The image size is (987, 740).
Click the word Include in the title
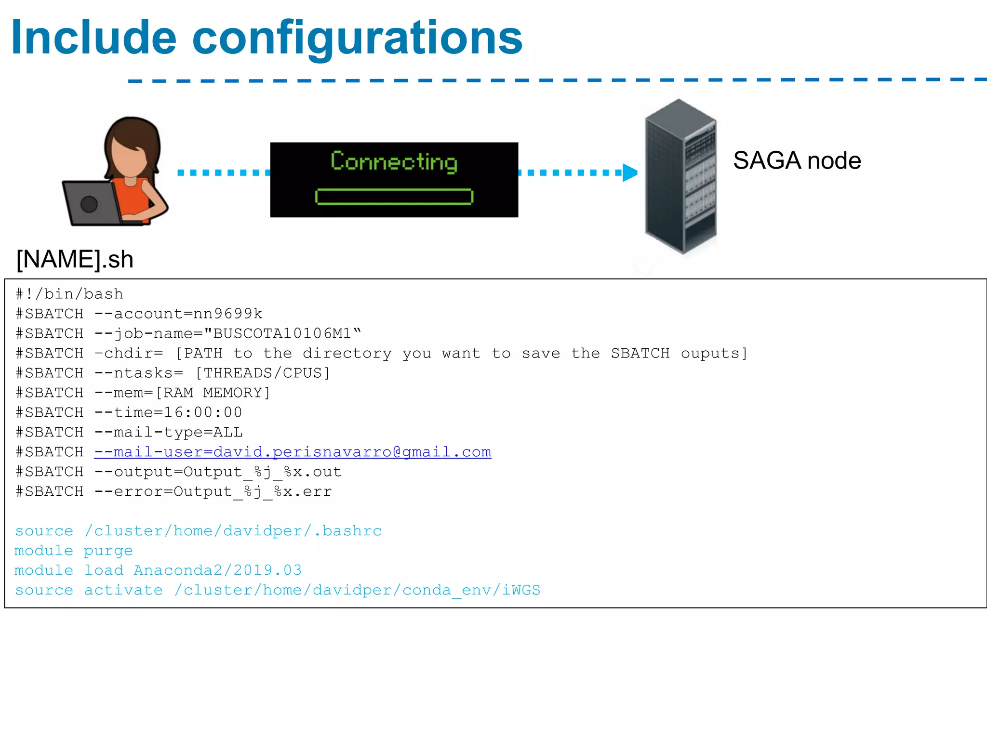[94, 38]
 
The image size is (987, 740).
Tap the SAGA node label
[797, 160]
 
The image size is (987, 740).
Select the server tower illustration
[680, 176]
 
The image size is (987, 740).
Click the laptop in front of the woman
[92, 203]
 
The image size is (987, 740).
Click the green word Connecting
[394, 161]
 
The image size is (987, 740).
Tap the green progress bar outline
[394, 197]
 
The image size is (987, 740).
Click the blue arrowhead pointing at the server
[629, 172]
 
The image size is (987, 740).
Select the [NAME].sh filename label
[75, 260]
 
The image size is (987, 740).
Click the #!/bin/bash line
[69, 294]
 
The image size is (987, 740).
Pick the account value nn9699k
[228, 314]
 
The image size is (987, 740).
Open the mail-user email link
[293, 452]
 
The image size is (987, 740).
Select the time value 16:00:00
[203, 412]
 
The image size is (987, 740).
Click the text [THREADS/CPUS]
[263, 373]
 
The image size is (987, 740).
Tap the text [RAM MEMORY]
[213, 393]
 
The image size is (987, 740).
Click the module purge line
[73, 551]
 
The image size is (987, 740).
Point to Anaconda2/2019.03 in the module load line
[217, 570]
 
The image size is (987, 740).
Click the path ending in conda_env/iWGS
[357, 590]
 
